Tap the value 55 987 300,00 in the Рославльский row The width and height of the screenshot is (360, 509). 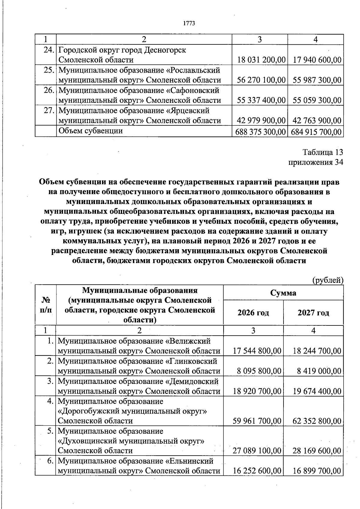(x=317, y=80)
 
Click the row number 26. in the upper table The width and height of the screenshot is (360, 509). (x=49, y=90)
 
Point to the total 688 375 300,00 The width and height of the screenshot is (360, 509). (x=260, y=132)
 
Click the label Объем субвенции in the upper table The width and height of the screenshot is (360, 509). (x=91, y=131)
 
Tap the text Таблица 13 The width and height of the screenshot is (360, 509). (x=322, y=152)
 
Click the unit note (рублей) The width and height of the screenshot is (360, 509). (x=328, y=280)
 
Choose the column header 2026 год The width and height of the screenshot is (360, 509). (x=253, y=313)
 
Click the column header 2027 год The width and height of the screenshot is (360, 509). (x=313, y=313)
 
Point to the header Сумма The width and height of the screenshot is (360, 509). (x=283, y=293)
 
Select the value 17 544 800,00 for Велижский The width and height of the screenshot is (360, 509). (x=257, y=351)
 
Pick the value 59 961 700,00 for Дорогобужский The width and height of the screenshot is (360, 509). (x=257, y=421)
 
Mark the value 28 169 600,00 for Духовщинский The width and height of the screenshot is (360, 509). (x=317, y=451)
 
